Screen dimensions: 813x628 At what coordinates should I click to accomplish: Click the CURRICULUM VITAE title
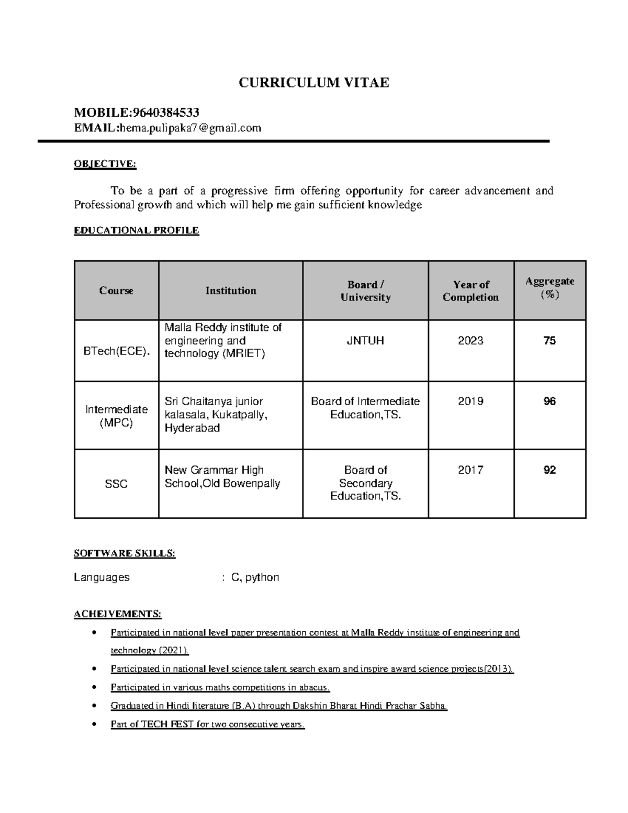pos(313,83)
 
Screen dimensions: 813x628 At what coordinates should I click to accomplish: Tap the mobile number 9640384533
pos(165,113)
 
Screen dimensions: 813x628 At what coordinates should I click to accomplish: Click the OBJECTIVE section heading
pos(105,164)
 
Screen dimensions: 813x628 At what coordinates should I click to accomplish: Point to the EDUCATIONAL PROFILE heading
pos(136,230)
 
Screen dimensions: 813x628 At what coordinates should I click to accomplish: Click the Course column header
pos(116,291)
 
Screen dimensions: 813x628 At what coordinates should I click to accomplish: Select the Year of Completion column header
pos(470,291)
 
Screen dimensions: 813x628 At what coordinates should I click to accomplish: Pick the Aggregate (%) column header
pos(549,287)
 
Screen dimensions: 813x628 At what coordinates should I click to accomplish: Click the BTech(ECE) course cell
pos(116,351)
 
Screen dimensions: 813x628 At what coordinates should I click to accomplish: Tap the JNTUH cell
pos(365,341)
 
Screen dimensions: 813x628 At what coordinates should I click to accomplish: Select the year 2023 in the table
pos(470,341)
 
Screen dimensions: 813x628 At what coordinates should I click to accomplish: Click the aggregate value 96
pos(549,402)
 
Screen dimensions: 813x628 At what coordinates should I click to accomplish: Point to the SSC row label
pos(116,484)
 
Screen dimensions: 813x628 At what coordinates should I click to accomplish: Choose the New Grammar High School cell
pos(222,477)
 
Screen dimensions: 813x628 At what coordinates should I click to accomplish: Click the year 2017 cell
pos(470,470)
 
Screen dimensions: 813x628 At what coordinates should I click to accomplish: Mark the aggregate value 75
pos(549,341)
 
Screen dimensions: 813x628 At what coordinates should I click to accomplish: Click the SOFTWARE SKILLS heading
pos(125,553)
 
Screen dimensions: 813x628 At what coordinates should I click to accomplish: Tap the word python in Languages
pos(262,577)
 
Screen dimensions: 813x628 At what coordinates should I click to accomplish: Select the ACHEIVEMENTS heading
pos(117,614)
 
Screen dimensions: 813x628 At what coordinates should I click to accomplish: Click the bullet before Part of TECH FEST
pos(94,725)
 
